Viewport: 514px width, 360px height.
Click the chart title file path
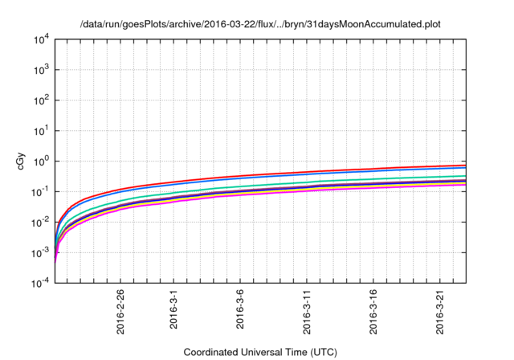[260, 24]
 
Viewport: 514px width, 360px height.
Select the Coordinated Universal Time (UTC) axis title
[260, 352]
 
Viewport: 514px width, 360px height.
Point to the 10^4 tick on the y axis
[40, 39]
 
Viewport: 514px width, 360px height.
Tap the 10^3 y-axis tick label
[40, 70]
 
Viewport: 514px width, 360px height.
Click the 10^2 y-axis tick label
[40, 100]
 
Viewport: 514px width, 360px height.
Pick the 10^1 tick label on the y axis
[40, 131]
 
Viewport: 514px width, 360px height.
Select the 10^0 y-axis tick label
[40, 162]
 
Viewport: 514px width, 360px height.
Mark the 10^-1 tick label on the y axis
[40, 192]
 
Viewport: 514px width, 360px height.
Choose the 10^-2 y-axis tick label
[40, 223]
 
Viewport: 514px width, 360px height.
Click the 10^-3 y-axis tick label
[40, 253]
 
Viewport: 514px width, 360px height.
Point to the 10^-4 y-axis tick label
[40, 284]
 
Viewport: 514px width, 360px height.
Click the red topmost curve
[321, 172]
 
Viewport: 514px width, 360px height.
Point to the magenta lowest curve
[321, 192]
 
